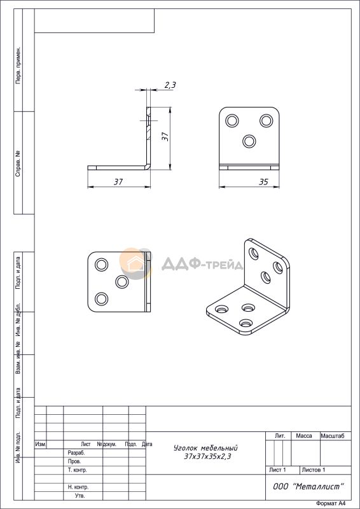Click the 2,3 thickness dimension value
click(x=170, y=85)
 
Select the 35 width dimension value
click(x=263, y=182)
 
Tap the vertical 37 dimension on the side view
click(x=165, y=136)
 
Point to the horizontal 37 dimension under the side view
click(x=118, y=182)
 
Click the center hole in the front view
click(x=249, y=141)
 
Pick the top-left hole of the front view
click(x=232, y=121)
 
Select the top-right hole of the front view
click(x=267, y=121)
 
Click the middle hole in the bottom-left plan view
click(x=122, y=282)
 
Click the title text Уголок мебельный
click(x=206, y=449)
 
